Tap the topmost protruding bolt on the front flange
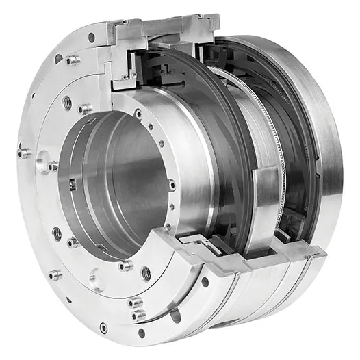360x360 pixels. [71, 60]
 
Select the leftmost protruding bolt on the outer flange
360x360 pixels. [23, 153]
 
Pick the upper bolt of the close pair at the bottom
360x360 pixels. [135, 302]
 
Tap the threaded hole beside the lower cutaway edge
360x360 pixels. [146, 272]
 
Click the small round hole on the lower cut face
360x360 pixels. [204, 281]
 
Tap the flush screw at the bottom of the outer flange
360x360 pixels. [103, 328]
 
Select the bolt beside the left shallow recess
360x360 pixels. [52, 166]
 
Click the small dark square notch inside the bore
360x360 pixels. [71, 181]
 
